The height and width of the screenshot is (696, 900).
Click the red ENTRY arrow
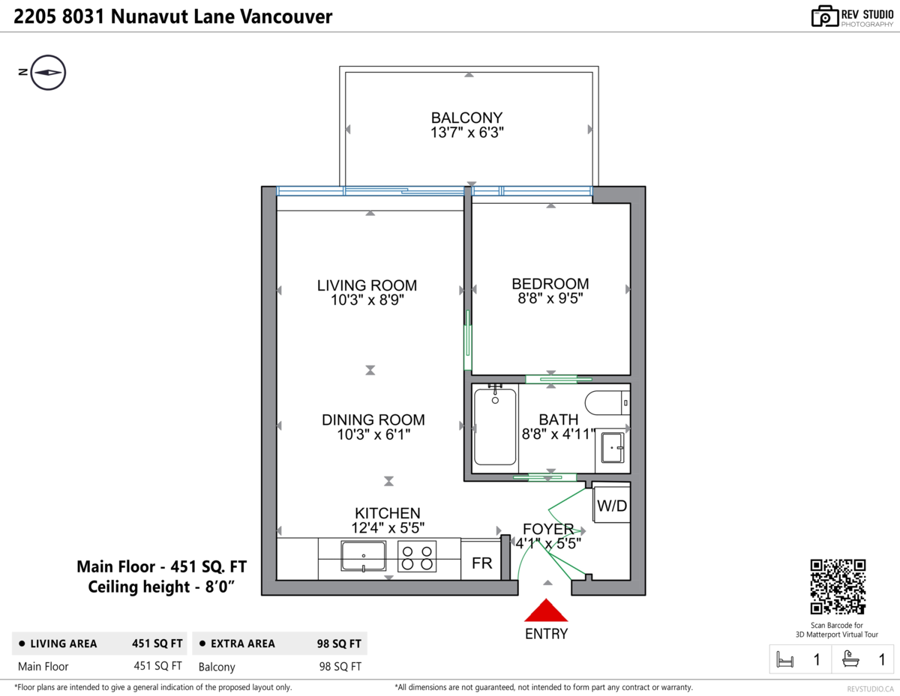click(546, 610)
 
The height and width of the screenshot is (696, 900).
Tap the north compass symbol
click(48, 73)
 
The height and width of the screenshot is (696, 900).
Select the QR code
click(838, 587)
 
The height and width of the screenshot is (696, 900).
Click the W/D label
click(612, 506)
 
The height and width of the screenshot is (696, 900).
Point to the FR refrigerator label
click(481, 563)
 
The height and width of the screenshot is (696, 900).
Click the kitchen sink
click(363, 556)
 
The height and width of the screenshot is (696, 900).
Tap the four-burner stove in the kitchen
click(417, 557)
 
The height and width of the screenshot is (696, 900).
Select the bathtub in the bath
click(495, 427)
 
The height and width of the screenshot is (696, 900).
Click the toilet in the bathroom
click(607, 402)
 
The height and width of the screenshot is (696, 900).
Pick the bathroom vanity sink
click(613, 447)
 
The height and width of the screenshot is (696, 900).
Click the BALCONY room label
click(466, 118)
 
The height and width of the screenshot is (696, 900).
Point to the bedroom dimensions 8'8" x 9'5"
click(550, 298)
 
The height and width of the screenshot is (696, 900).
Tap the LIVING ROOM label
click(367, 285)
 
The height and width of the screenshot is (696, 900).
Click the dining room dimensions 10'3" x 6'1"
click(373, 435)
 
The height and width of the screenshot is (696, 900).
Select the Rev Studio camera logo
click(825, 16)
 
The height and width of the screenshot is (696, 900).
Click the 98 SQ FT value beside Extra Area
click(339, 644)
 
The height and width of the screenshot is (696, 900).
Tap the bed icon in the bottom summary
click(784, 659)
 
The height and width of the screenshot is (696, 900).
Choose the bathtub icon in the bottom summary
click(850, 659)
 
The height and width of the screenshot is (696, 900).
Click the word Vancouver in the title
click(286, 17)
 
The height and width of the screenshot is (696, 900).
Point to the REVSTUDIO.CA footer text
click(870, 689)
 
